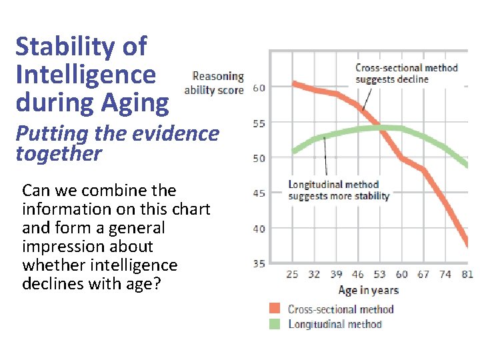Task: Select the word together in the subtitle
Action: pyautogui.click(x=59, y=154)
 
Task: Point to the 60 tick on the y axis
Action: pyautogui.click(x=259, y=88)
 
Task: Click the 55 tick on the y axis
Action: pyautogui.click(x=259, y=123)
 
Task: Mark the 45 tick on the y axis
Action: pyautogui.click(x=259, y=193)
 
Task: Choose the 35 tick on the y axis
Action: pyautogui.click(x=259, y=264)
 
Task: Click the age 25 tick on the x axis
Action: pyautogui.click(x=293, y=275)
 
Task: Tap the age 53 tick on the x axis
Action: pyautogui.click(x=379, y=275)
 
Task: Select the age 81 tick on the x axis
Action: pyautogui.click(x=467, y=275)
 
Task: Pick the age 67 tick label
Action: pyautogui.click(x=423, y=275)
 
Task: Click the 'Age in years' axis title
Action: pyautogui.click(x=368, y=290)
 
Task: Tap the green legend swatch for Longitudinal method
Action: pyautogui.click(x=275, y=324)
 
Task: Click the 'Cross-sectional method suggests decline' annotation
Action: pyautogui.click(x=407, y=73)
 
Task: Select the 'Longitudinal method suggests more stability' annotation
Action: pyautogui.click(x=339, y=190)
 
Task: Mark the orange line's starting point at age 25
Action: pyautogui.click(x=294, y=83)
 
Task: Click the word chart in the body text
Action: pyautogui.click(x=192, y=209)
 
